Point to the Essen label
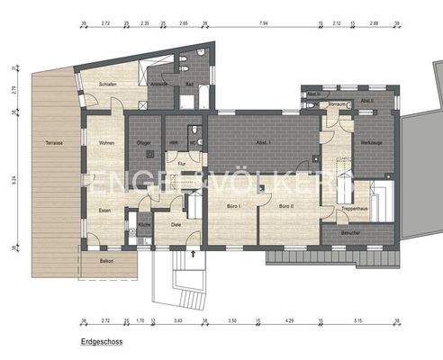[104, 210]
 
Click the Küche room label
[144, 226]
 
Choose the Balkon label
[106, 259]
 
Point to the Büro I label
[226, 206]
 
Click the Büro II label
[285, 206]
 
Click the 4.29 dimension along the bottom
[291, 320]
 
